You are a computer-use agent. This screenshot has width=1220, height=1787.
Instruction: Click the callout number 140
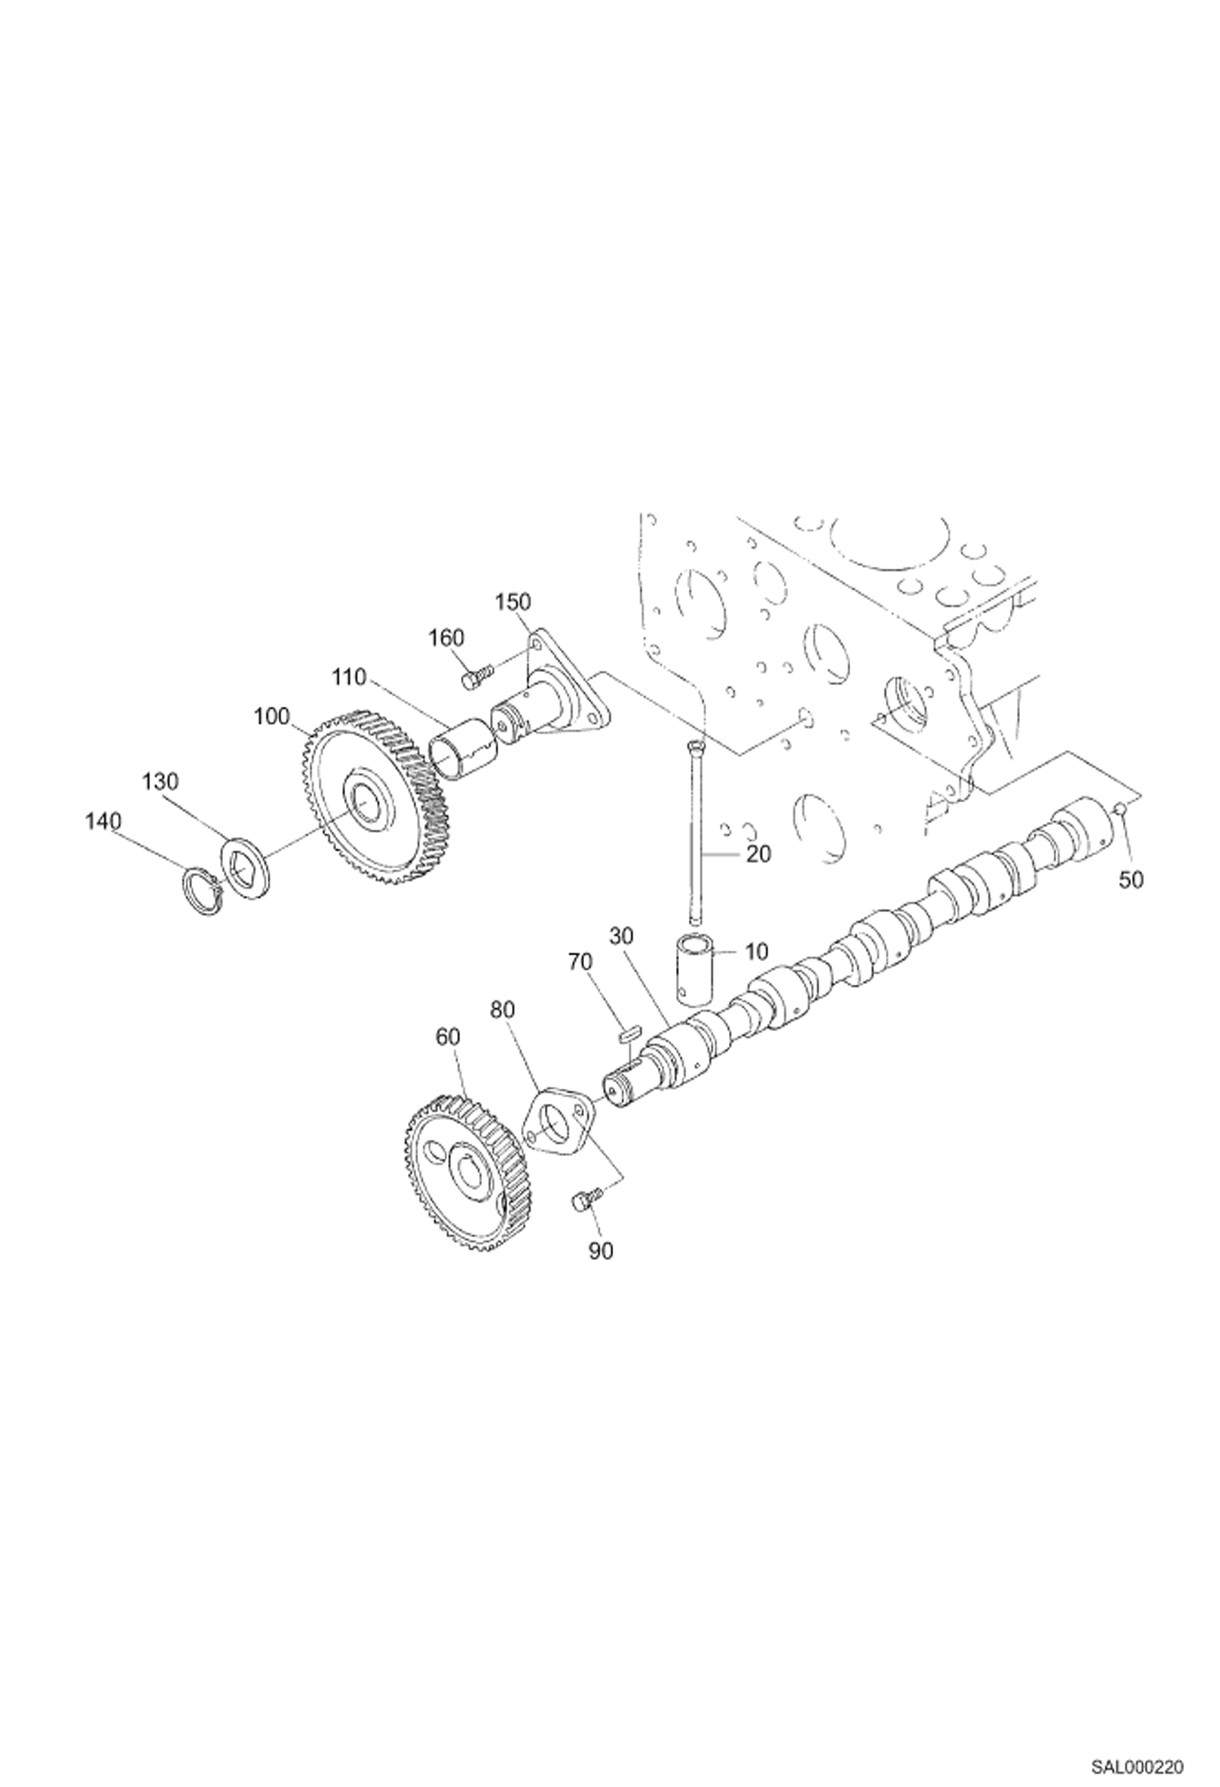click(103, 822)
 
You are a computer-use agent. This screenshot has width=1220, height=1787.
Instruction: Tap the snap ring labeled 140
click(201, 891)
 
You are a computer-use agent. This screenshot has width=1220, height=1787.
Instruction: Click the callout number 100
click(271, 716)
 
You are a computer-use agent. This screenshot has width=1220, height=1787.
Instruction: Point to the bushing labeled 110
click(462, 746)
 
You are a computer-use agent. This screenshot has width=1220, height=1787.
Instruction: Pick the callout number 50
click(1130, 880)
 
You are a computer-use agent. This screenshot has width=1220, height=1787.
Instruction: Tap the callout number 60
click(447, 1037)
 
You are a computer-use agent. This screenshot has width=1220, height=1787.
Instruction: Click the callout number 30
click(621, 936)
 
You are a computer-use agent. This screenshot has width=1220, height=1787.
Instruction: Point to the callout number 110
click(349, 676)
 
